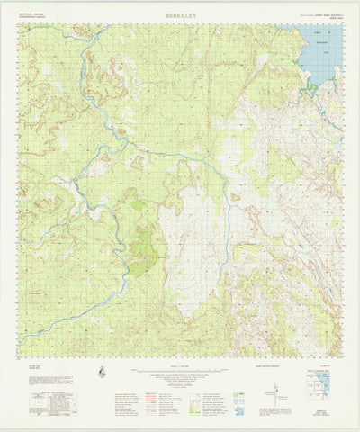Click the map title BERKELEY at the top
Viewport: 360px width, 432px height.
[x=179, y=16]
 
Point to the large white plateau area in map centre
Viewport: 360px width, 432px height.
[x=193, y=252]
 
